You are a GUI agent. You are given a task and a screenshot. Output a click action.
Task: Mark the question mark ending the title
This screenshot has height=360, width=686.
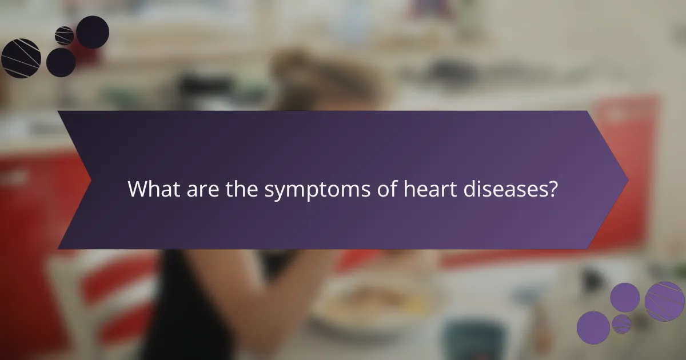(x=552, y=189)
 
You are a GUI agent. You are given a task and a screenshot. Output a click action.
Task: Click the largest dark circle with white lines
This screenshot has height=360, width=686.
(x=21, y=58)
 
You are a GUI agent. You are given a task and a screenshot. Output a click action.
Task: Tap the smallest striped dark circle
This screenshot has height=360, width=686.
(x=64, y=35)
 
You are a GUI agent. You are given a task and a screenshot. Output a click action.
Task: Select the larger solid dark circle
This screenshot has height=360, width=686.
(x=93, y=32)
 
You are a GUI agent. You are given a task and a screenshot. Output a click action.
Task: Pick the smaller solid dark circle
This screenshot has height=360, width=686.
(x=61, y=62)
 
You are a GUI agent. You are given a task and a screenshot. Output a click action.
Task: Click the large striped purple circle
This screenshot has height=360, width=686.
(x=665, y=301)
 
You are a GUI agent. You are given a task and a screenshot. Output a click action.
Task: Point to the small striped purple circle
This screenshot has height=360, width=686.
(x=621, y=324)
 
